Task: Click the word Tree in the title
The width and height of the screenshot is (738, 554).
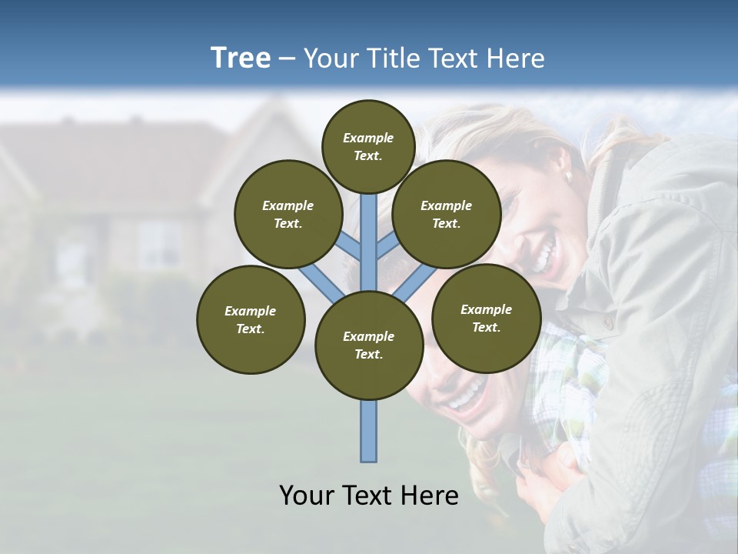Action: [241, 58]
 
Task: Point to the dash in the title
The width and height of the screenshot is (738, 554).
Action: [287, 59]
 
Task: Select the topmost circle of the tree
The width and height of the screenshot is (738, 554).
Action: [368, 146]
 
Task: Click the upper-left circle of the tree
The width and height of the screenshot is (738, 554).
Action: [288, 214]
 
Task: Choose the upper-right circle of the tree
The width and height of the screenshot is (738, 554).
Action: [446, 214]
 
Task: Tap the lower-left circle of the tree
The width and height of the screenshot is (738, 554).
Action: [251, 319]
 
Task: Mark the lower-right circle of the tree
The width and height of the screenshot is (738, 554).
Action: [486, 318]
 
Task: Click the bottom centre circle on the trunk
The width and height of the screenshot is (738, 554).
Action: [369, 345]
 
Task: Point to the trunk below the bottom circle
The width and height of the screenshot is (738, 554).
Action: [369, 431]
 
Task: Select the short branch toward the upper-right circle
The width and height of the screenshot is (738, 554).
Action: [387, 247]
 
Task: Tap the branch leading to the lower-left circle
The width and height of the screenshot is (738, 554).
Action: [320, 284]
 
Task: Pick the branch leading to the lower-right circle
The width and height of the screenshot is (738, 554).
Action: [416, 283]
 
